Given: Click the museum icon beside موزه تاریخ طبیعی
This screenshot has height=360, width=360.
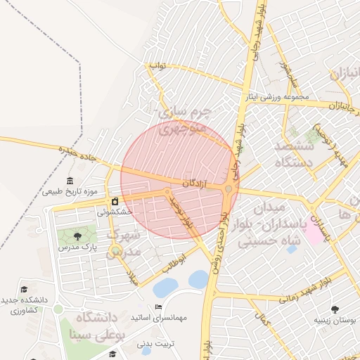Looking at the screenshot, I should click(70, 181).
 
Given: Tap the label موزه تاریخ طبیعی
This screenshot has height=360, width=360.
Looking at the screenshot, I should click(74, 191).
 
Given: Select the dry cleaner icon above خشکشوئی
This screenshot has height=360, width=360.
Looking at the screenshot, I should click(115, 202).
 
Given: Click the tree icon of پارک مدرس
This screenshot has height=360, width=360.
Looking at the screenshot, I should click(77, 236).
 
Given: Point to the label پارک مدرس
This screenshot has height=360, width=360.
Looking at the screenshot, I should click(78, 247).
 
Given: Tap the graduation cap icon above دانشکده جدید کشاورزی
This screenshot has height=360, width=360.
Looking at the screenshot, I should click(24, 289).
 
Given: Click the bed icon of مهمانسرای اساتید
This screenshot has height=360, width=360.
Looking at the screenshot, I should click(158, 307).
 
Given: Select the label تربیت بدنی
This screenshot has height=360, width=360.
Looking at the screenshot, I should click(160, 344).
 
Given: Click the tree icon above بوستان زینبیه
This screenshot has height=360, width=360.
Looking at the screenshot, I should click(335, 309).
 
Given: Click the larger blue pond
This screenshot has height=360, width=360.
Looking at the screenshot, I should click(166, 287).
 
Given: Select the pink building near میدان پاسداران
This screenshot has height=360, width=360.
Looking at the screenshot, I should click(314, 233).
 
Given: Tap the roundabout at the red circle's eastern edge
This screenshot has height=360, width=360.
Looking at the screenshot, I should click(229, 189).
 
